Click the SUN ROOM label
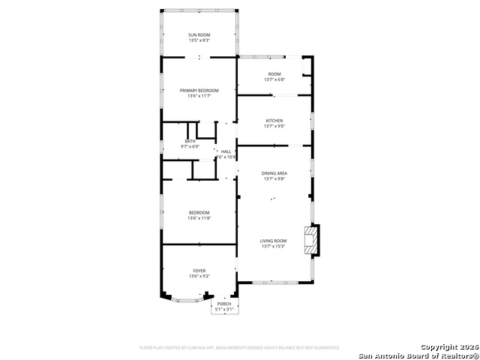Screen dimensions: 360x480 click(x=199, y=34)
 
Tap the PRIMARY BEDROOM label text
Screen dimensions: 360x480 click(x=199, y=90)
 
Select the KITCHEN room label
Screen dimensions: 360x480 click(x=274, y=121)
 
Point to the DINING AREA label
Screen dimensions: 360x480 click(x=274, y=173)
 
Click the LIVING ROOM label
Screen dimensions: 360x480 click(x=274, y=241)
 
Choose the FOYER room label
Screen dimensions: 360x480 click(x=199, y=271)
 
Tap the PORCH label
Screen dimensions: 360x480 click(x=224, y=304)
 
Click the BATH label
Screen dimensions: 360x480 click(x=190, y=141)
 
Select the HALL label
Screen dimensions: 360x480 click(x=226, y=151)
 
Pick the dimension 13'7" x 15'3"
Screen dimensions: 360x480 click(x=274, y=247)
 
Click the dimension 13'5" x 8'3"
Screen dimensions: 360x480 click(x=199, y=40)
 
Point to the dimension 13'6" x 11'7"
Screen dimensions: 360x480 click(x=199, y=96)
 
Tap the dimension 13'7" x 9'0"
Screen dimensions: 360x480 click(x=274, y=127)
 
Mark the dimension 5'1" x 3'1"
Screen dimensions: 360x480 click(x=224, y=309)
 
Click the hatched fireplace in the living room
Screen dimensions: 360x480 click(x=309, y=240)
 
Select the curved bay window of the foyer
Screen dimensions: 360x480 click(x=184, y=300)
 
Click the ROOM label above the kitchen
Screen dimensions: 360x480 click(x=274, y=73)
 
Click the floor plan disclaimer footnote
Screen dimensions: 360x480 click(x=240, y=348)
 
